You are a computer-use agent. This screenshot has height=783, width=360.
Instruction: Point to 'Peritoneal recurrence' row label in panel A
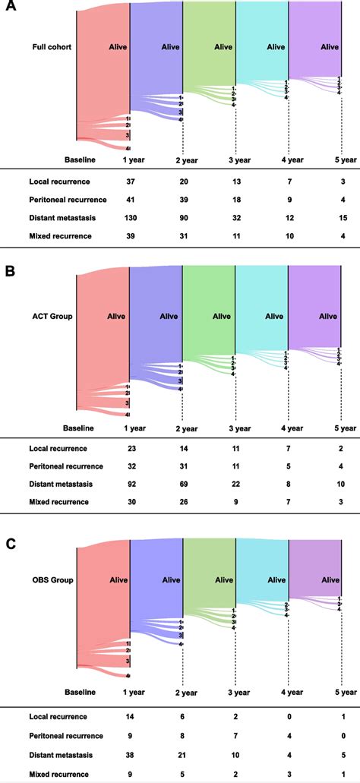pyautogui.click(x=67, y=200)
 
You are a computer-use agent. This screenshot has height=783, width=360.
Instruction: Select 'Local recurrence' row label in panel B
pyautogui.click(x=58, y=447)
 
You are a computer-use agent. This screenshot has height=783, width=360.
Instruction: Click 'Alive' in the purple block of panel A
pyautogui.click(x=329, y=46)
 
